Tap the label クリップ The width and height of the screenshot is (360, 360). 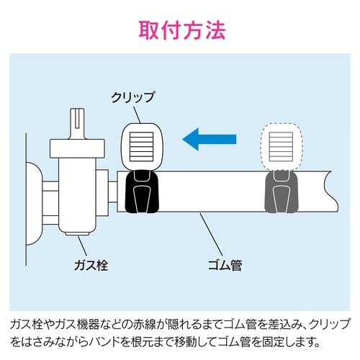(x=132, y=95)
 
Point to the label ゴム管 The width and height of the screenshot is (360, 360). (x=224, y=264)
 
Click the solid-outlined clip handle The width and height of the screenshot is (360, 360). (x=140, y=143)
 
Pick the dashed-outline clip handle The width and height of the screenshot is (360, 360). (x=280, y=143)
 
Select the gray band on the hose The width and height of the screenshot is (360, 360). (x=282, y=192)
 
